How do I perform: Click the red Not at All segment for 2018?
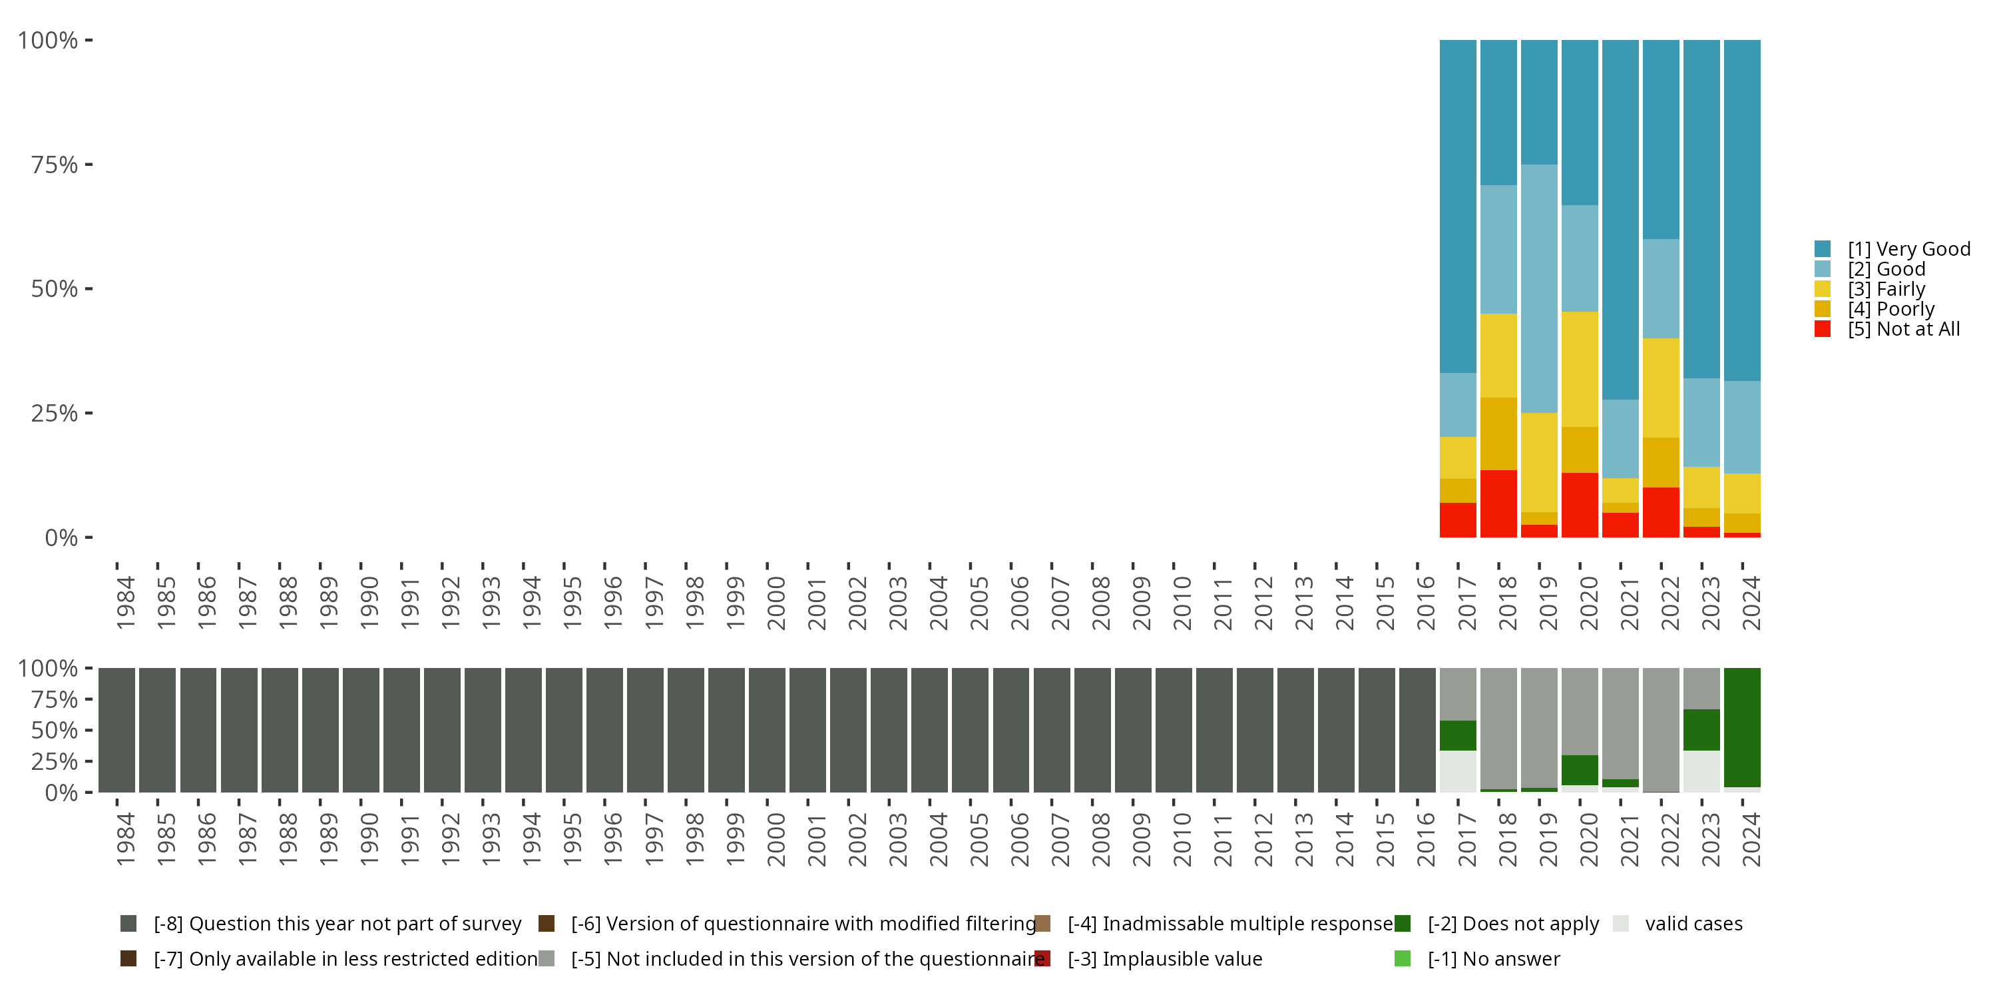(x=1498, y=503)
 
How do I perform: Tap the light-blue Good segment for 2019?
(x=1539, y=288)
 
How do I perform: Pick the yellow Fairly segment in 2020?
(x=1579, y=369)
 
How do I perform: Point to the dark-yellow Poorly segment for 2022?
(x=1661, y=462)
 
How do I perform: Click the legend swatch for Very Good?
(x=1823, y=249)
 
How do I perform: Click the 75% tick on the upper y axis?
(x=55, y=165)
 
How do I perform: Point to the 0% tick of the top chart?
(x=61, y=537)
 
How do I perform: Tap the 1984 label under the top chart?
(x=125, y=603)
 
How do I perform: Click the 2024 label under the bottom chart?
(x=1751, y=839)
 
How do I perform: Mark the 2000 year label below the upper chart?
(x=776, y=603)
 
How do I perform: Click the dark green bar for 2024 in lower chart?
(x=1742, y=727)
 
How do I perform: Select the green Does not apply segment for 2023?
(x=1701, y=730)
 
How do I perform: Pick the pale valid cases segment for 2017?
(x=1457, y=771)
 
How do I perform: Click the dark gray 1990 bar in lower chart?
(x=361, y=730)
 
